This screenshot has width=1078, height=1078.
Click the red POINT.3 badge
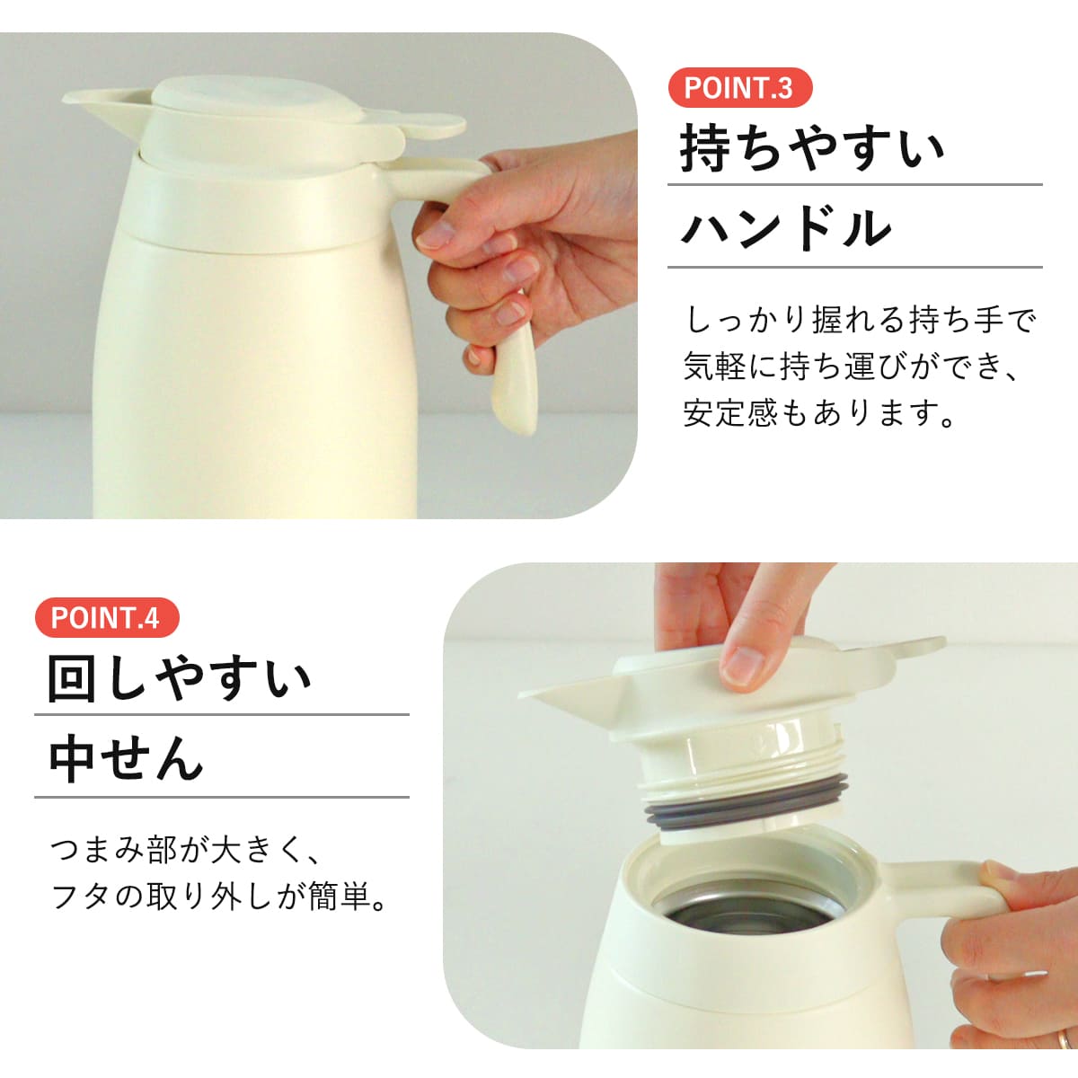click(x=739, y=88)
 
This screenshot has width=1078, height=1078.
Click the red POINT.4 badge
click(x=106, y=618)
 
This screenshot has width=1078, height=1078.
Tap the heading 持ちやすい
click(x=812, y=148)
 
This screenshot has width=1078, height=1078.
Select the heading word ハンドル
click(x=785, y=228)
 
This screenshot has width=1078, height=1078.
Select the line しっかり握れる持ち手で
click(x=861, y=319)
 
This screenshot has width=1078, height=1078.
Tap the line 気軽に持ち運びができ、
click(x=853, y=367)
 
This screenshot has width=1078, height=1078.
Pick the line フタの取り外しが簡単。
click(x=219, y=897)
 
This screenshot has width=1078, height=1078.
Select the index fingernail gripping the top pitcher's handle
click(x=437, y=235)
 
